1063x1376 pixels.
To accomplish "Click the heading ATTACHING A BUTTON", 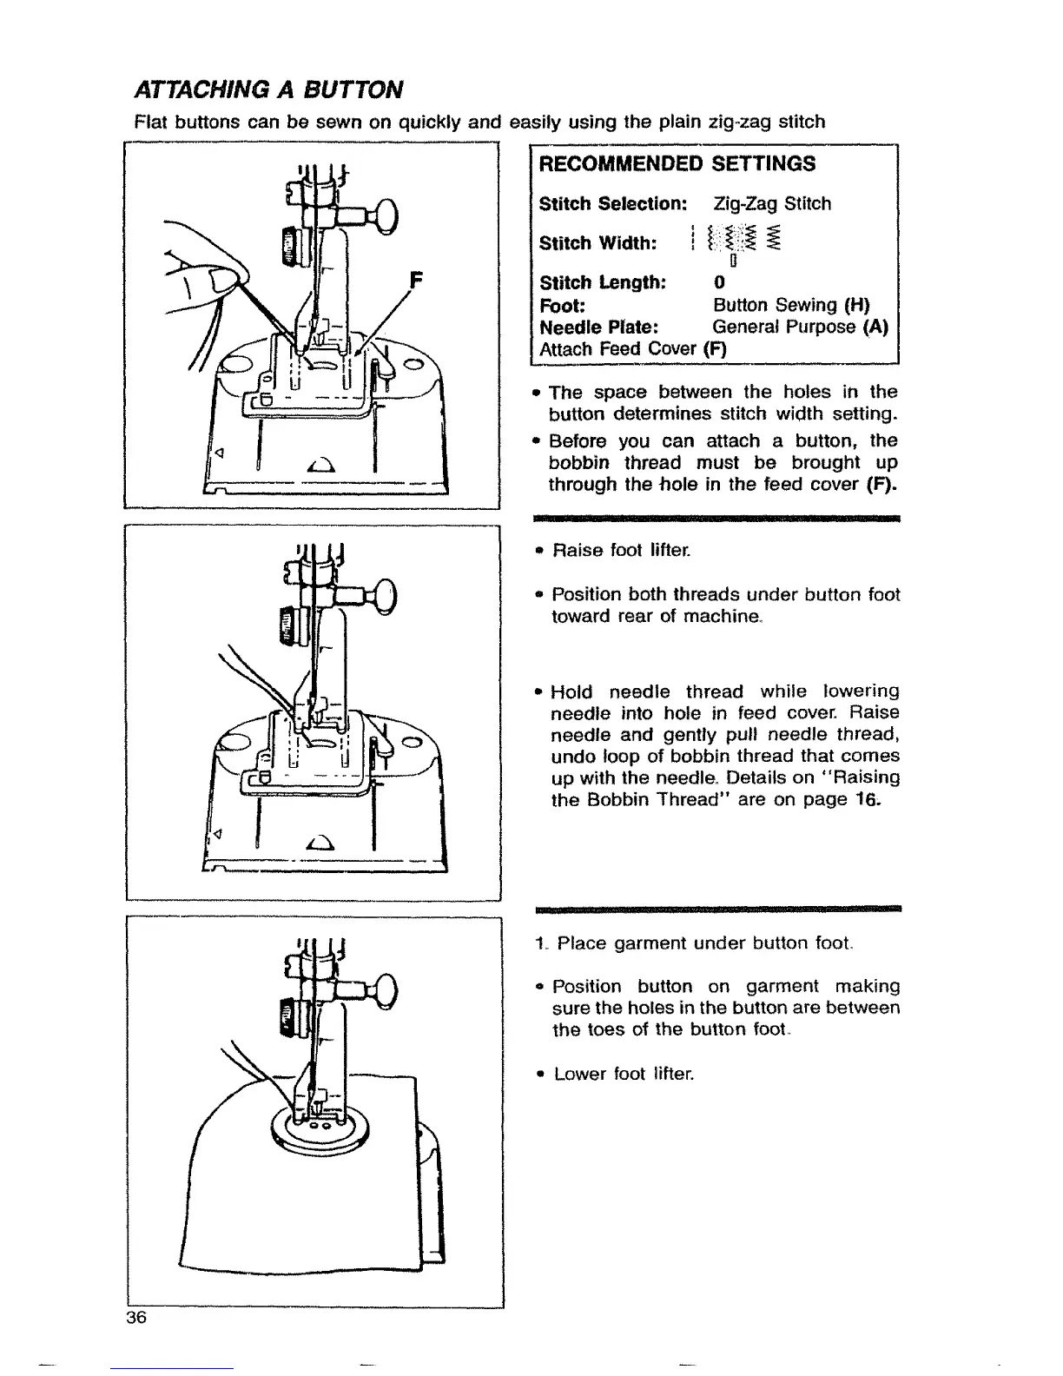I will coord(268,89).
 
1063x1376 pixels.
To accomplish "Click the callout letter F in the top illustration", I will coord(415,281).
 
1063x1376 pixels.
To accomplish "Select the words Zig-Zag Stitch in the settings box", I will coord(772,204).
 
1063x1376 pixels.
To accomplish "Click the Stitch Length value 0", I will coord(718,283).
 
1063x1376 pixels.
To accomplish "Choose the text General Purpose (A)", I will coord(800,327).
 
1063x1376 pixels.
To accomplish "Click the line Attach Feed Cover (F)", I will coord(633,349).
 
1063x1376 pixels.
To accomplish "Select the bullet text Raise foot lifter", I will coord(620,551).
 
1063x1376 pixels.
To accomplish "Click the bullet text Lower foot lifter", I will coord(620,1075).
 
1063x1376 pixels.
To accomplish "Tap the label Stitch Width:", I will coord(598,242).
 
